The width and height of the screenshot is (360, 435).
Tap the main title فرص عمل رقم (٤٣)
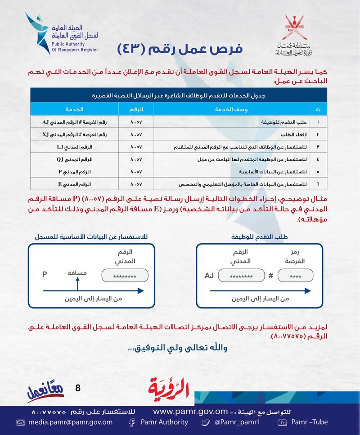(180, 49)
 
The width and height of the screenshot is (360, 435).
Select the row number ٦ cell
(318, 184)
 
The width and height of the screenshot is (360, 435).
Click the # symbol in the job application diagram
(270, 276)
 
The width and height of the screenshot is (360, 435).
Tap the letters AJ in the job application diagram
(209, 276)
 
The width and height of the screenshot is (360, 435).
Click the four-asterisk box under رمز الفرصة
(296, 276)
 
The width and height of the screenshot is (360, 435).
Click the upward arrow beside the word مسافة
(77, 284)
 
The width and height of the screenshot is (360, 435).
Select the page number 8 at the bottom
(77, 388)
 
